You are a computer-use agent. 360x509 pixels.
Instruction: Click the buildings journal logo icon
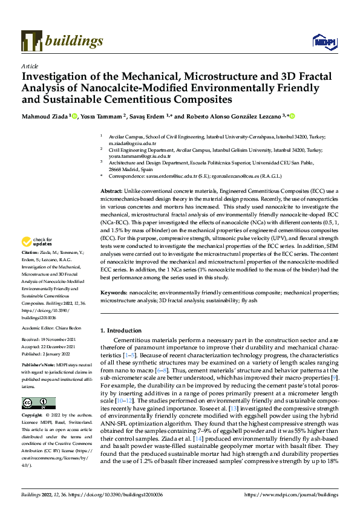click(31, 41)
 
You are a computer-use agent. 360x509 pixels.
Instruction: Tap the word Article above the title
click(30, 66)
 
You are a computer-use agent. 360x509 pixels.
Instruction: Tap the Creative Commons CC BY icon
click(39, 404)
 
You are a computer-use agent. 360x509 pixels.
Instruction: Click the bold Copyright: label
click(33, 416)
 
